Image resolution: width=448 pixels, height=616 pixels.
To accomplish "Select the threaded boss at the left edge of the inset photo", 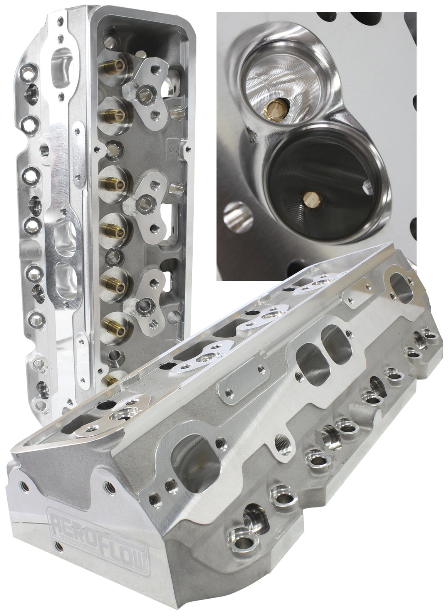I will pos(234,218).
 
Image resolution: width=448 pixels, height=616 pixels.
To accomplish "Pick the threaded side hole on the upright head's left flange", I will pos(44,148).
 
